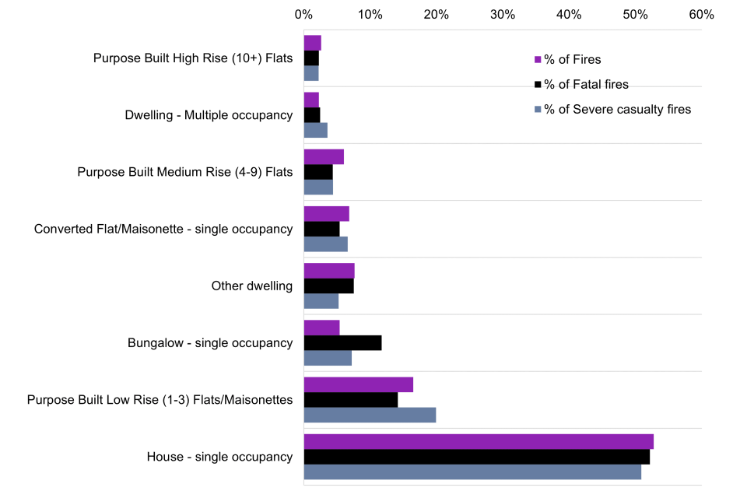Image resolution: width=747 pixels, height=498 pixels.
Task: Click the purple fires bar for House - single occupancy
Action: [479, 442]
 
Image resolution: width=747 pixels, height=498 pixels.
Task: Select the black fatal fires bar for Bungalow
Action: [342, 343]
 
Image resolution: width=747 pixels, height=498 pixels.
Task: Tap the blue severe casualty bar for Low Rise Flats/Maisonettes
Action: [370, 415]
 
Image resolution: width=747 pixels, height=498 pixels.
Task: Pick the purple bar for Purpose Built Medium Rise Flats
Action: [324, 156]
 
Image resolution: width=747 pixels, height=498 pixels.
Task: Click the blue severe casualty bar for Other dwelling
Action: [321, 301]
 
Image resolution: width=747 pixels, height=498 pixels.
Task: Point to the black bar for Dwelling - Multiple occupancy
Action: [312, 115]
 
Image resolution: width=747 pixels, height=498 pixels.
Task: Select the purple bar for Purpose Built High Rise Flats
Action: [312, 43]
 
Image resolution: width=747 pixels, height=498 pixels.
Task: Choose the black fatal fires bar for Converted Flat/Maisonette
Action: [321, 229]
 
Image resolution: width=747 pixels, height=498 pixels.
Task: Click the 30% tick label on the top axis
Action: [503, 14]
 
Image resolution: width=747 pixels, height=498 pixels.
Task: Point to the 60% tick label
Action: [702, 14]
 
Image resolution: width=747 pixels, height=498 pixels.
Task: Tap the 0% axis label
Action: [303, 14]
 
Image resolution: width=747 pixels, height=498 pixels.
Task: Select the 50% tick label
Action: [636, 14]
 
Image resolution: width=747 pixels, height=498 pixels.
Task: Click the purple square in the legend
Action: [537, 60]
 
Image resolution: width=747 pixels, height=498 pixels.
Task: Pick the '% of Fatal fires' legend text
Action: [586, 85]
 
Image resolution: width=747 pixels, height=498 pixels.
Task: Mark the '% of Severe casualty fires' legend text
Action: [617, 110]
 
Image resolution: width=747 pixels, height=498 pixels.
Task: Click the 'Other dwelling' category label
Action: [252, 286]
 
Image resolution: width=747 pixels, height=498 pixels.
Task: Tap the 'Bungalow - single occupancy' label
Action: [210, 343]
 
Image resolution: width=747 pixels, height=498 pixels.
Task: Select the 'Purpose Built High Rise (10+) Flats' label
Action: [193, 58]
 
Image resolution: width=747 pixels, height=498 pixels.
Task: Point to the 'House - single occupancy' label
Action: [219, 457]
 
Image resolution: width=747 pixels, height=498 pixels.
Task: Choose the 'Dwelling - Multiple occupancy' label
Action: [209, 115]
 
